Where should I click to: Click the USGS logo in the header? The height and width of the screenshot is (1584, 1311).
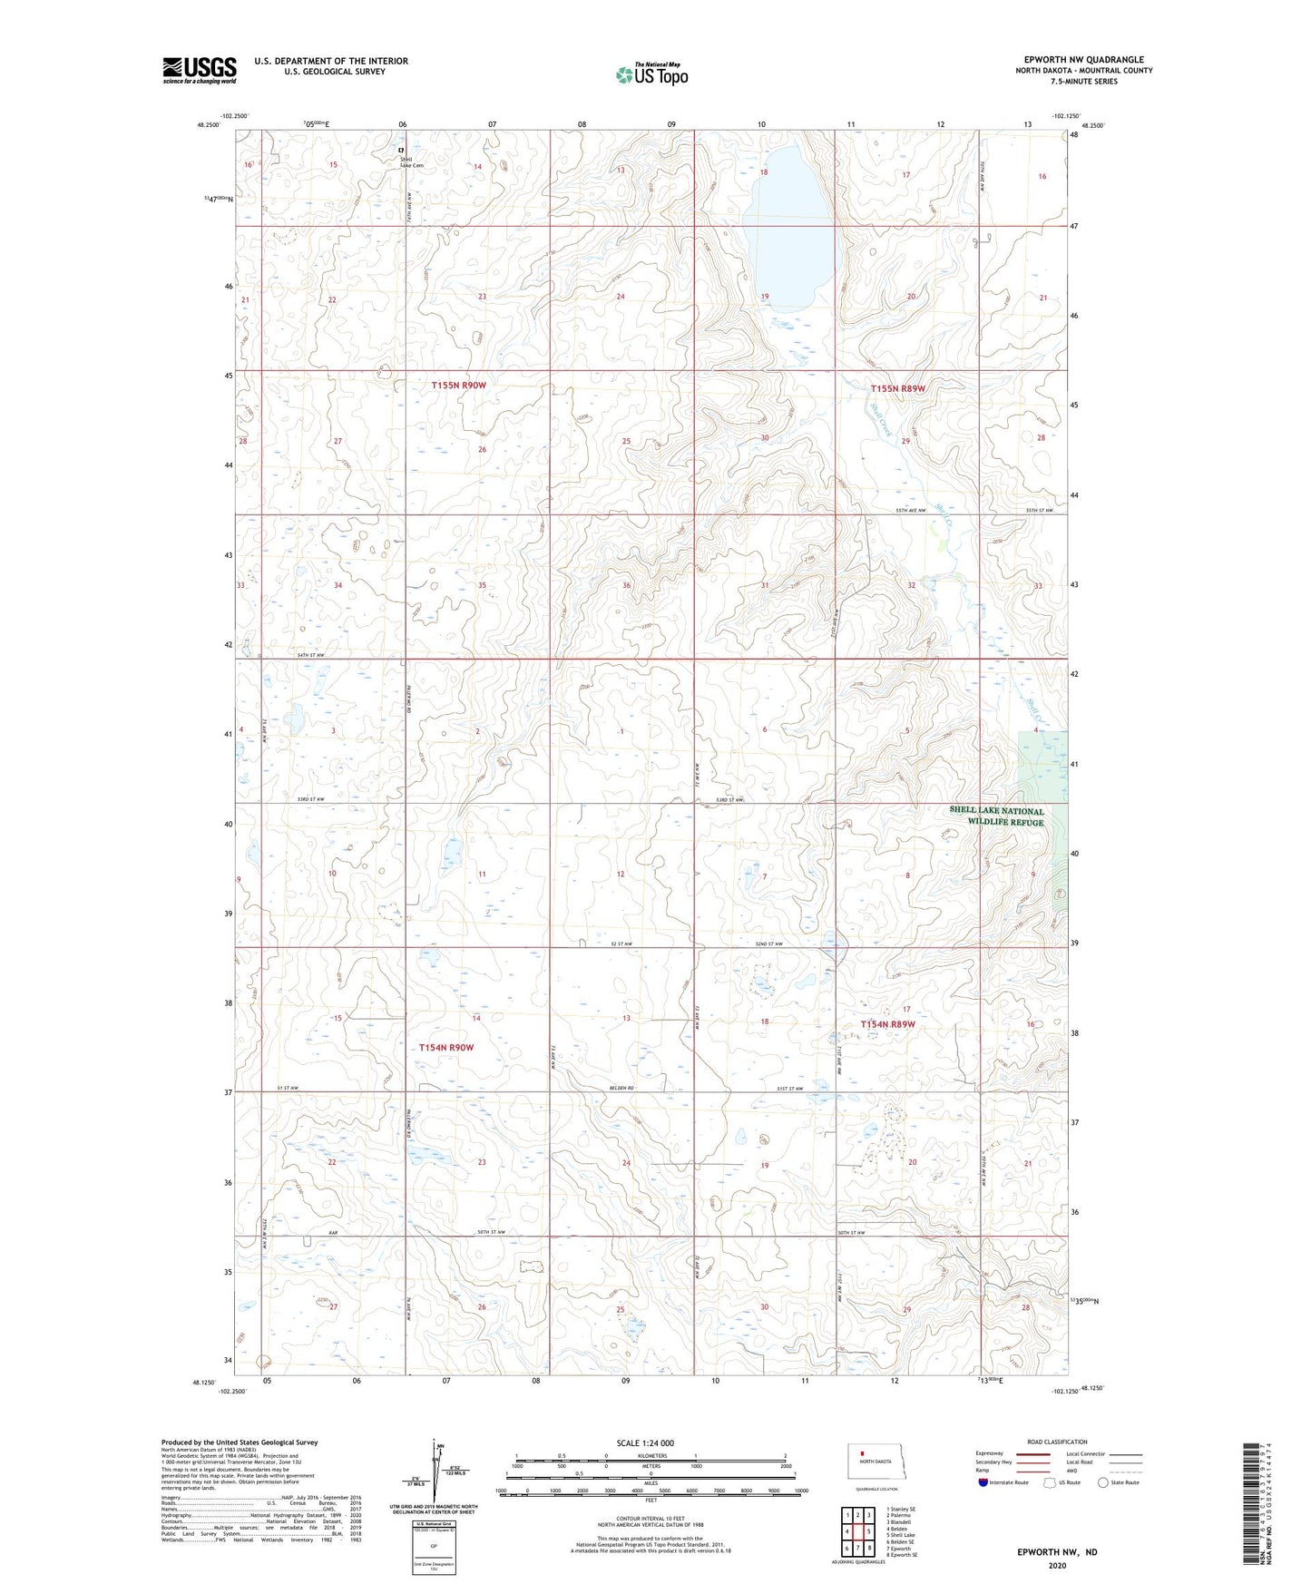[200, 70]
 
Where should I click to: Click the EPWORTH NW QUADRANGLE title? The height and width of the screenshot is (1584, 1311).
[1083, 60]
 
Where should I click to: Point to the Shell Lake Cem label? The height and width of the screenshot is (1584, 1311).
[412, 162]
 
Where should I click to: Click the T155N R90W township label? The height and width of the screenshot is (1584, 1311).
[458, 386]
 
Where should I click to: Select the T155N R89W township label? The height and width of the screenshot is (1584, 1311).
[897, 389]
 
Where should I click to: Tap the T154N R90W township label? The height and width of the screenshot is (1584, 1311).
[445, 1047]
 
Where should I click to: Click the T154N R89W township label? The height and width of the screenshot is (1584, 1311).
[886, 1024]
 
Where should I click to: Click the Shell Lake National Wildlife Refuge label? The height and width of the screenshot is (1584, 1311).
[996, 816]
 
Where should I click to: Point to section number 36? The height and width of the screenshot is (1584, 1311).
[626, 586]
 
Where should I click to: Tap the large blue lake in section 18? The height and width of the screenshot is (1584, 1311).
[788, 236]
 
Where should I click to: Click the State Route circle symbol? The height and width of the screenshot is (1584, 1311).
[1102, 1482]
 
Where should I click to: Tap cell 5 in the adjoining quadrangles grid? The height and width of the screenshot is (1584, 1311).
[869, 1530]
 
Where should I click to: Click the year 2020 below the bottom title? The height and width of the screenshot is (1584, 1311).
[1057, 1565]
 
